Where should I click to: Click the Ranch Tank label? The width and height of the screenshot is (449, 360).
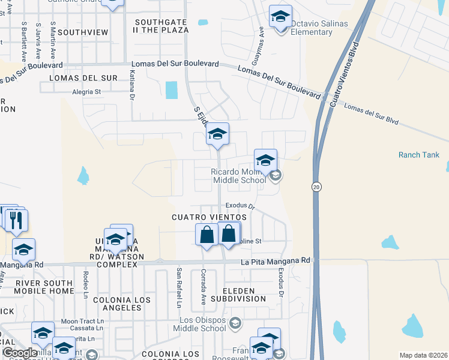click(418, 155)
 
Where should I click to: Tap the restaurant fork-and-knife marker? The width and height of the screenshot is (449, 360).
click(16, 220)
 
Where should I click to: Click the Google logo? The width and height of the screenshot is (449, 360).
click(20, 353)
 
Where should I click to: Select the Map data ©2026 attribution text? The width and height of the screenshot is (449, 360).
click(423, 355)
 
